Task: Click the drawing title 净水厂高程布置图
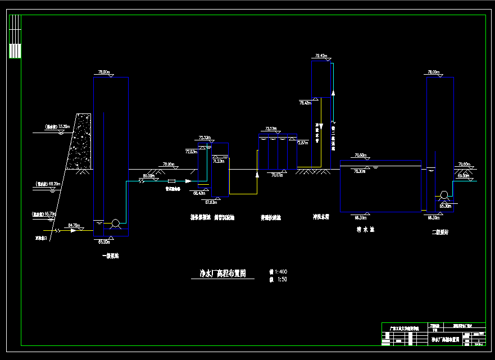pos(223,274)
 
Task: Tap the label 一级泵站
pos(110,256)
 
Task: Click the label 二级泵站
pos(440,232)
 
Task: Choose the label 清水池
pos(365,229)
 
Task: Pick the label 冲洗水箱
pos(321,216)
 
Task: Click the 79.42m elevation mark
pos(321,56)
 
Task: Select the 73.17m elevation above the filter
pos(271,129)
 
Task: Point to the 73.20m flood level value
pos(63,127)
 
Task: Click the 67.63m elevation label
pos(211,202)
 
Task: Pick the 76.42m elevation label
pos(305,103)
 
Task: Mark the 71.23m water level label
pos(219,161)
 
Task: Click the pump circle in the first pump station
pos(116,224)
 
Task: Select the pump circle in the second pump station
pos(444,195)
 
